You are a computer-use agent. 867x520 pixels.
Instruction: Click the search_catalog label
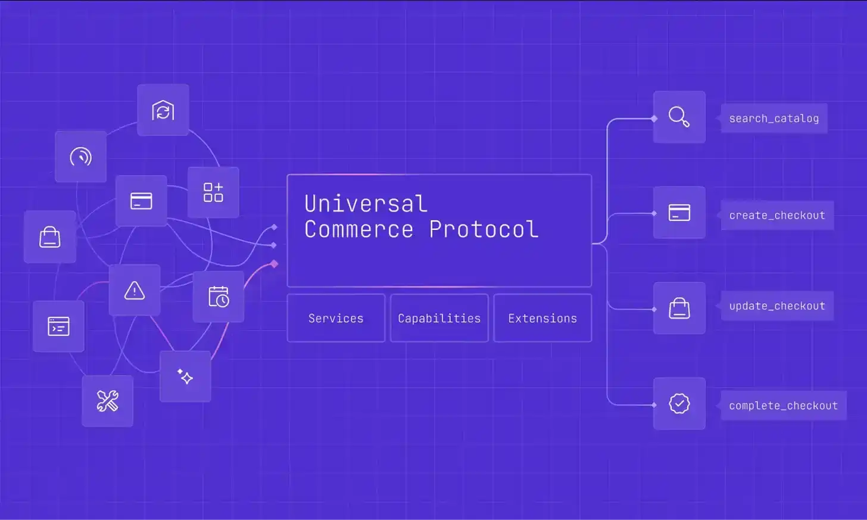click(x=774, y=118)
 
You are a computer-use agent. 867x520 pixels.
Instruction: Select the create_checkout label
click(x=777, y=215)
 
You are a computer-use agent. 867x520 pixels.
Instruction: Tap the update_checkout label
click(x=777, y=306)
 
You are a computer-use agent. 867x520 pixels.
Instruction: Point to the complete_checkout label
click(x=784, y=406)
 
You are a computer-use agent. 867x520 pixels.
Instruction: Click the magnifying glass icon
click(x=679, y=117)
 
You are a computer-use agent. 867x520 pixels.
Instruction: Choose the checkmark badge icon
click(x=679, y=403)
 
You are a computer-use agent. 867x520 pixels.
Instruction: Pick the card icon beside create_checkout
click(x=679, y=213)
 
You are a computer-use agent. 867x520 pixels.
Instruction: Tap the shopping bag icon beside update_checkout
click(x=679, y=308)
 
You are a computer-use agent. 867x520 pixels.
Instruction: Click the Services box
click(x=336, y=318)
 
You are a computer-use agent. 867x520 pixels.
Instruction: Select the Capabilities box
click(x=439, y=318)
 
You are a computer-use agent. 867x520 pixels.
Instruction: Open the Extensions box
click(x=542, y=318)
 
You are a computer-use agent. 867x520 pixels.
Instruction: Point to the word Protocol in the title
click(x=484, y=229)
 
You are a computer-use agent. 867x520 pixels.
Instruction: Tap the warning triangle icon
click(x=135, y=291)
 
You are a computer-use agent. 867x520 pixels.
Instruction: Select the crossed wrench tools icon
click(x=107, y=401)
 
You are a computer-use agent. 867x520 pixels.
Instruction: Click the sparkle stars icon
click(x=185, y=376)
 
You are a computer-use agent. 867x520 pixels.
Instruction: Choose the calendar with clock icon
click(x=219, y=297)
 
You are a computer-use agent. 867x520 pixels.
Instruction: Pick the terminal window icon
click(x=58, y=326)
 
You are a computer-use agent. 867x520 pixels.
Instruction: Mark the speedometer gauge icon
click(x=80, y=157)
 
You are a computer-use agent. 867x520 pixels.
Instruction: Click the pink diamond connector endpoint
click(x=275, y=264)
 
